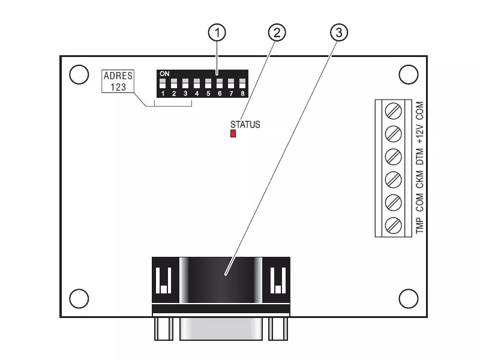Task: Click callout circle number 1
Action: click(x=217, y=33)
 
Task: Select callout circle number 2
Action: click(x=277, y=33)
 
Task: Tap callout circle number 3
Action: click(x=339, y=33)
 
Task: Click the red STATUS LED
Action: click(x=233, y=133)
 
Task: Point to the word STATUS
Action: click(x=245, y=125)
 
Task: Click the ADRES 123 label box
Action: click(x=118, y=81)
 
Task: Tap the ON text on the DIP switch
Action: click(x=164, y=74)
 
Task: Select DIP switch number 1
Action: click(x=163, y=83)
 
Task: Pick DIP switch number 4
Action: click(x=197, y=83)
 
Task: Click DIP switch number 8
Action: click(x=242, y=83)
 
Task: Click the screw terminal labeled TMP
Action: click(x=393, y=226)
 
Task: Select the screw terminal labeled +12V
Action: click(x=393, y=133)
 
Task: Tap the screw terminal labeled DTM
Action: click(x=393, y=157)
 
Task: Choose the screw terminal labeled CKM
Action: click(x=393, y=179)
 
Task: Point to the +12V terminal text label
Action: click(x=419, y=134)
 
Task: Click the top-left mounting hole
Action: click(x=79, y=74)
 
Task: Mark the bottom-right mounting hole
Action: click(x=409, y=298)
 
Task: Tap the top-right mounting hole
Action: click(x=409, y=74)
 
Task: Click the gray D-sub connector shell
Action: click(x=221, y=328)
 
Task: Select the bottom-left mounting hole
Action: click(x=79, y=298)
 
